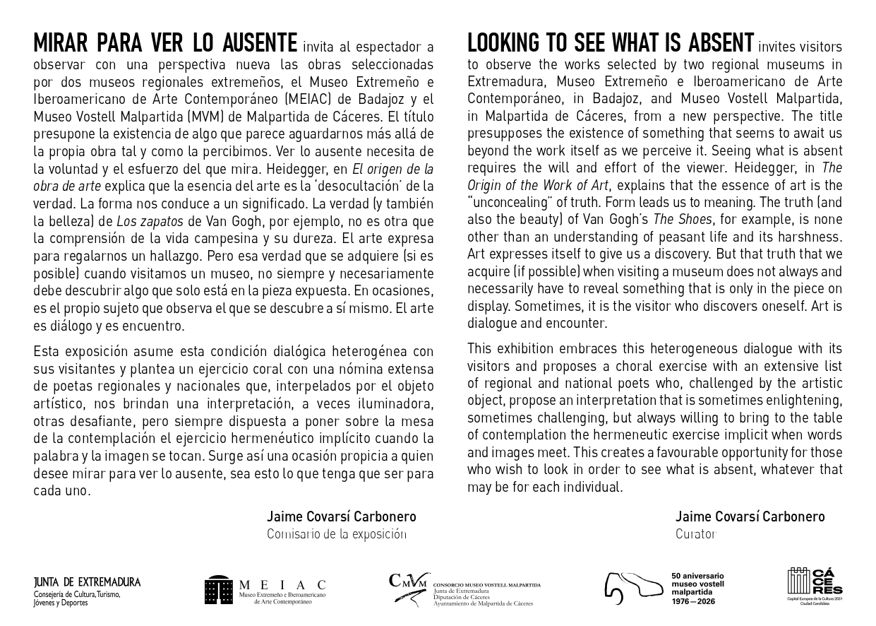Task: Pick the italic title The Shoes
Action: pos(682,219)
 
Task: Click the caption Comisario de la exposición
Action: pos(336,534)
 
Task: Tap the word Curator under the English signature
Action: pos(695,534)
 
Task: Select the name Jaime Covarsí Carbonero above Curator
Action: pos(749,516)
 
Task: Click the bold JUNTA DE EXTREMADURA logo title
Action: pos(87,582)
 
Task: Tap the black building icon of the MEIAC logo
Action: pos(219,591)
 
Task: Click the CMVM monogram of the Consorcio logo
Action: pos(409,581)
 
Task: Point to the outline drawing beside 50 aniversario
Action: pos(632,586)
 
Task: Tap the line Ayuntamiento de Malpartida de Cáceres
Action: pos(483,604)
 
